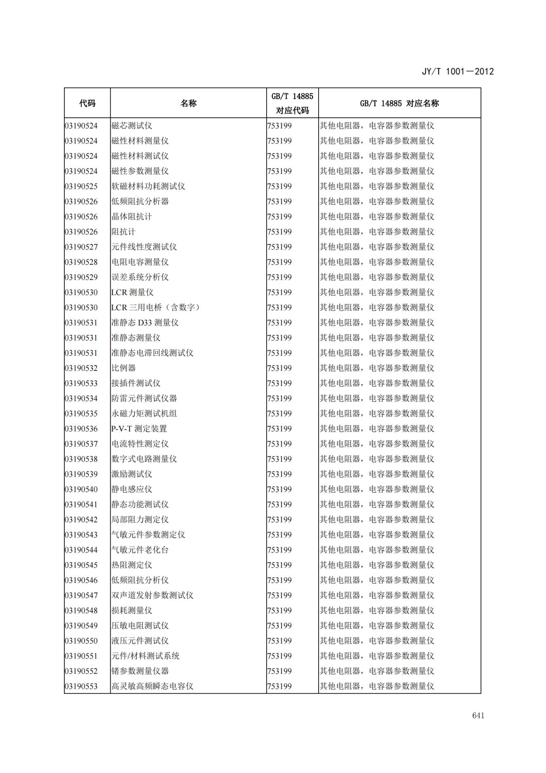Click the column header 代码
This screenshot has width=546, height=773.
click(x=87, y=103)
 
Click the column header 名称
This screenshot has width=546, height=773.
click(x=188, y=103)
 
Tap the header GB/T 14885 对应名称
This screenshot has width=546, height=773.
click(x=399, y=103)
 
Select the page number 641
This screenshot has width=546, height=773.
click(x=478, y=715)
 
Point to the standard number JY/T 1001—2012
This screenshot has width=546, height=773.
click(x=457, y=71)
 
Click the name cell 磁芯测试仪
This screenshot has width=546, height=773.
click(x=132, y=126)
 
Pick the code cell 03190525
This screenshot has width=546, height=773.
click(x=81, y=186)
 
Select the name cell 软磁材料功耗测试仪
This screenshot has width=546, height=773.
click(x=148, y=186)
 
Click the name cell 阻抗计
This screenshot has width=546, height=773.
click(x=123, y=232)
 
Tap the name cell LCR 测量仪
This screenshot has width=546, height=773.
click(x=132, y=293)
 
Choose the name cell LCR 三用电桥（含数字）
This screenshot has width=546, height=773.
click(x=156, y=307)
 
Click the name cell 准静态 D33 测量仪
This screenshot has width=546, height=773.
click(x=145, y=323)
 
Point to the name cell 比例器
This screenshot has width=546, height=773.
click(x=123, y=368)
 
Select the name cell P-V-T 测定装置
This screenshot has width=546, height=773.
click(x=139, y=429)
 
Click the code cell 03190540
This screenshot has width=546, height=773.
click(x=81, y=489)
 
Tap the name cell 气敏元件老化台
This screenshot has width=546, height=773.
click(x=140, y=550)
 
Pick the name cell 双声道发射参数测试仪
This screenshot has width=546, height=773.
click(x=152, y=595)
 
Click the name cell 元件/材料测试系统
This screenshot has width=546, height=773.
click(x=145, y=656)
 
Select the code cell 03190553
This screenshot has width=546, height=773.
click(x=81, y=686)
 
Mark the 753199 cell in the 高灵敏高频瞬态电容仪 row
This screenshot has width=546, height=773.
click(x=279, y=686)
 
